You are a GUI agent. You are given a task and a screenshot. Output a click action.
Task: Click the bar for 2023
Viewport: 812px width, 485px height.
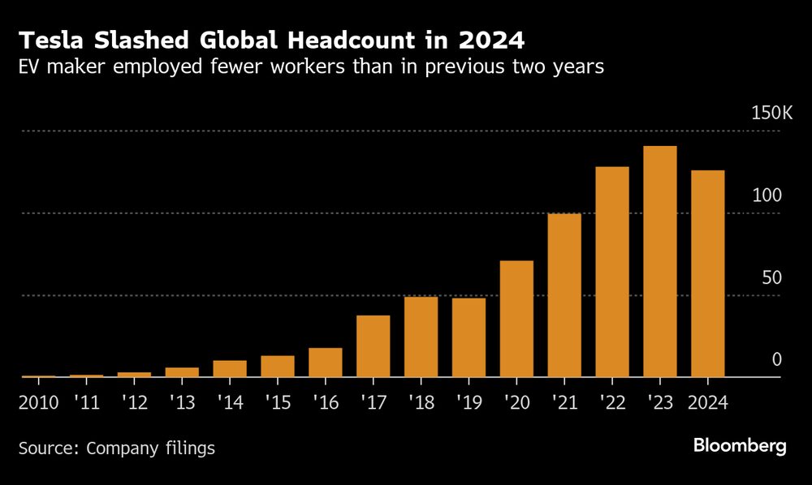659,261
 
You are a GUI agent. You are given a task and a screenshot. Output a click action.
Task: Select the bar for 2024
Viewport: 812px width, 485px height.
707,273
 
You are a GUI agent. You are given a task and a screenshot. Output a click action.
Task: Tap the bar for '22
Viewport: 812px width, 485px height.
611,272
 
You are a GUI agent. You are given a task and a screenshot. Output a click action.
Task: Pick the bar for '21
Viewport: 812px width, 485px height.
564,295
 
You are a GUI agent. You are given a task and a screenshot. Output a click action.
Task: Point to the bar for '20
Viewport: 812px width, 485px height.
516,319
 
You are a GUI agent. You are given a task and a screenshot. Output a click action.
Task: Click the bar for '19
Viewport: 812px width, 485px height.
469,337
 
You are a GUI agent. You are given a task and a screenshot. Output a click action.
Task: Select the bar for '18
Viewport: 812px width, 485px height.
421,337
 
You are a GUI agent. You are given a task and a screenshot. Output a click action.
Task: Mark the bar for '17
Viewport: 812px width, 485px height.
373,346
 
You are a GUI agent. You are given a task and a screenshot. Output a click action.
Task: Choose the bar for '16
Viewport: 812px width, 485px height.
326,363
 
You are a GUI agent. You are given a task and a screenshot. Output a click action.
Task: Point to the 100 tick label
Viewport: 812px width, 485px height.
767,195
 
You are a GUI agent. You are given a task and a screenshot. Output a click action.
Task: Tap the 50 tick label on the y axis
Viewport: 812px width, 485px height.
771,277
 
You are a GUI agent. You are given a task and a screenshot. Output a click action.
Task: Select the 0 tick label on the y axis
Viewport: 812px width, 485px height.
776,359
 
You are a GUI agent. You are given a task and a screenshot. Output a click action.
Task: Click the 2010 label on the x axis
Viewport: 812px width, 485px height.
39,402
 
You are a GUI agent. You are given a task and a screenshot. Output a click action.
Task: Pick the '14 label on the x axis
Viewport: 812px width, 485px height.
230,402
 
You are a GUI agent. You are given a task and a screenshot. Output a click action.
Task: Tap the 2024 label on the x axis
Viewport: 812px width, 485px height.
707,402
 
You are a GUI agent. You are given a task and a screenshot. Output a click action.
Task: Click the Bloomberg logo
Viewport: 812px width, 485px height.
740,446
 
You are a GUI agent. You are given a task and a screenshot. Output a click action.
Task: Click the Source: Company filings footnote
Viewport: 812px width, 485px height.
117,448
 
